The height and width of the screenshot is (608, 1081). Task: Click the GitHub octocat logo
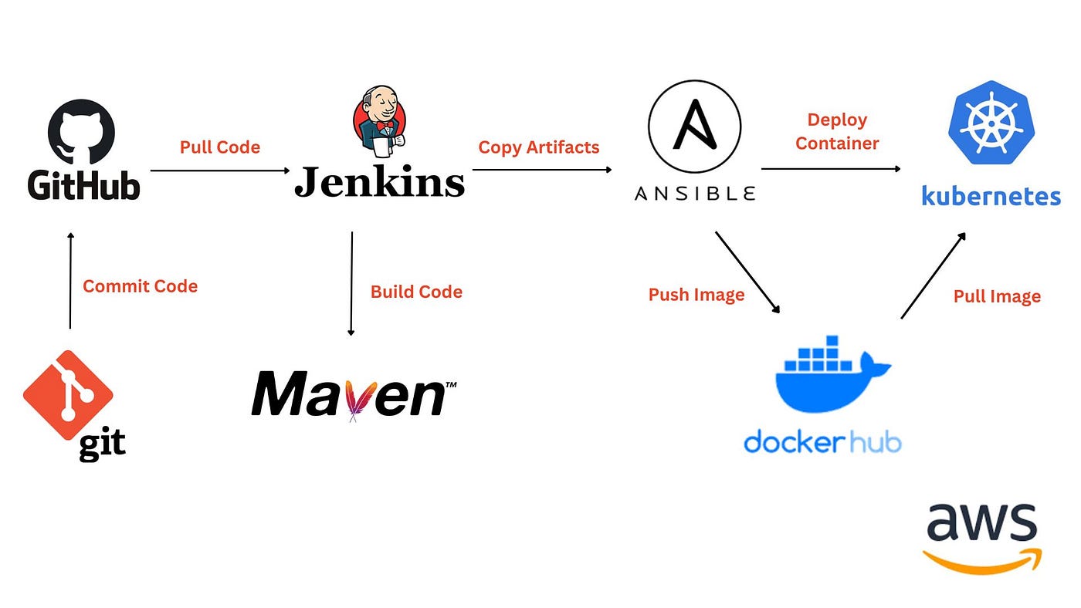point(82,132)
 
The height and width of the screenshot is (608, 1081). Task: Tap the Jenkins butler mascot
point(380,121)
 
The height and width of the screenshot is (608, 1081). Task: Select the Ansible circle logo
point(694,127)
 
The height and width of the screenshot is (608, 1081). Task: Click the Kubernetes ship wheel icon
point(991,123)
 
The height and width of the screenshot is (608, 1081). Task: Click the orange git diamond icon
point(68,395)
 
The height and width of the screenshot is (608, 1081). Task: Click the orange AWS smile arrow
point(982,561)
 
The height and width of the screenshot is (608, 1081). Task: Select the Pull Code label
point(220,147)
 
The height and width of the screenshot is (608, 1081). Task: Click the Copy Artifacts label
point(539,147)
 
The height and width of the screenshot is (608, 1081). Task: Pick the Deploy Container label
point(837,131)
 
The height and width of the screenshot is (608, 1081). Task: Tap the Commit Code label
point(140,286)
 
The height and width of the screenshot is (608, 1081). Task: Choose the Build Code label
point(416,292)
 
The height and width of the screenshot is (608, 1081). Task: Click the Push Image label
point(696,295)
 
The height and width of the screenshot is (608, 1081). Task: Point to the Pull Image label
point(997,296)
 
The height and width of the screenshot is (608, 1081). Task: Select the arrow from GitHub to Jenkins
point(220,171)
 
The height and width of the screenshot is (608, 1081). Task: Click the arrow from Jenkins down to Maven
point(351,283)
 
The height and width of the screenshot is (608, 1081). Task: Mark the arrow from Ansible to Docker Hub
point(747,272)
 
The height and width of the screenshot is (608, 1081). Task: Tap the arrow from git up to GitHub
point(70,281)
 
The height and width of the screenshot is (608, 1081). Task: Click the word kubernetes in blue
point(991,195)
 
